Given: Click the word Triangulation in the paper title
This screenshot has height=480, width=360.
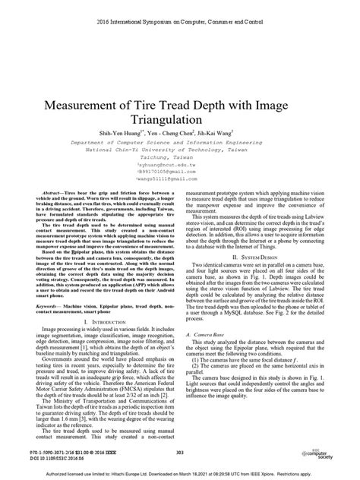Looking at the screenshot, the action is (179, 98).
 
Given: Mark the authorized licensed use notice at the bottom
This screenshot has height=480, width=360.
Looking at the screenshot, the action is (179, 473).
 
